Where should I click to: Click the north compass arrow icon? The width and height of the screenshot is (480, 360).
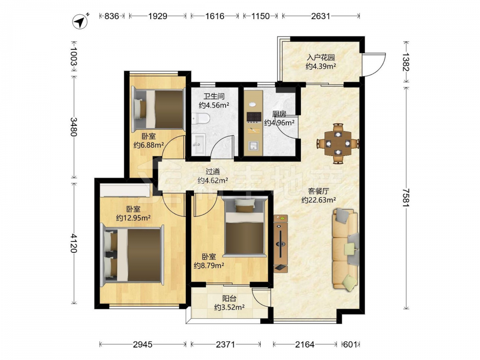pos(80,21)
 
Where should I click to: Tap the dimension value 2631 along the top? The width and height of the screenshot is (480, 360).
pos(321,16)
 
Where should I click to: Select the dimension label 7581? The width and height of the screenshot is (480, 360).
pos(406,197)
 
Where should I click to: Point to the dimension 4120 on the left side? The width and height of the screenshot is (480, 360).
pos(73,243)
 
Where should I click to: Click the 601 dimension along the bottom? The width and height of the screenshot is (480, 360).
pos(350,345)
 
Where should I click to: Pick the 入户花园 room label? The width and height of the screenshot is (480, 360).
pos(321,57)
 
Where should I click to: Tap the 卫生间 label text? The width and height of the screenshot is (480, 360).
pos(214,96)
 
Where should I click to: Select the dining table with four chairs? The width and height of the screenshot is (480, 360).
pos(337,143)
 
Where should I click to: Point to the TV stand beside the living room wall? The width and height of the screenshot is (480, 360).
pos(281,243)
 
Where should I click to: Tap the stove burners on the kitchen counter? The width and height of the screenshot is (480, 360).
pos(254,117)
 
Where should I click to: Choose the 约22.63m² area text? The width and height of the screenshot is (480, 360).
pos(319,200)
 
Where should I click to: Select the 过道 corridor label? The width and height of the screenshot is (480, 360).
pos(213,171)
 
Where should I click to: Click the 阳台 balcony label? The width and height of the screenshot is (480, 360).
pos(229,298)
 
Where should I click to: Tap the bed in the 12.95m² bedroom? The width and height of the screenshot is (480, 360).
pos(132,255)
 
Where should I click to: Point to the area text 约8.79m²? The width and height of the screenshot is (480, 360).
pos(209,265)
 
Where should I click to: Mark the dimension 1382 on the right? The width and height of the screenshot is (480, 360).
pos(406,62)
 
